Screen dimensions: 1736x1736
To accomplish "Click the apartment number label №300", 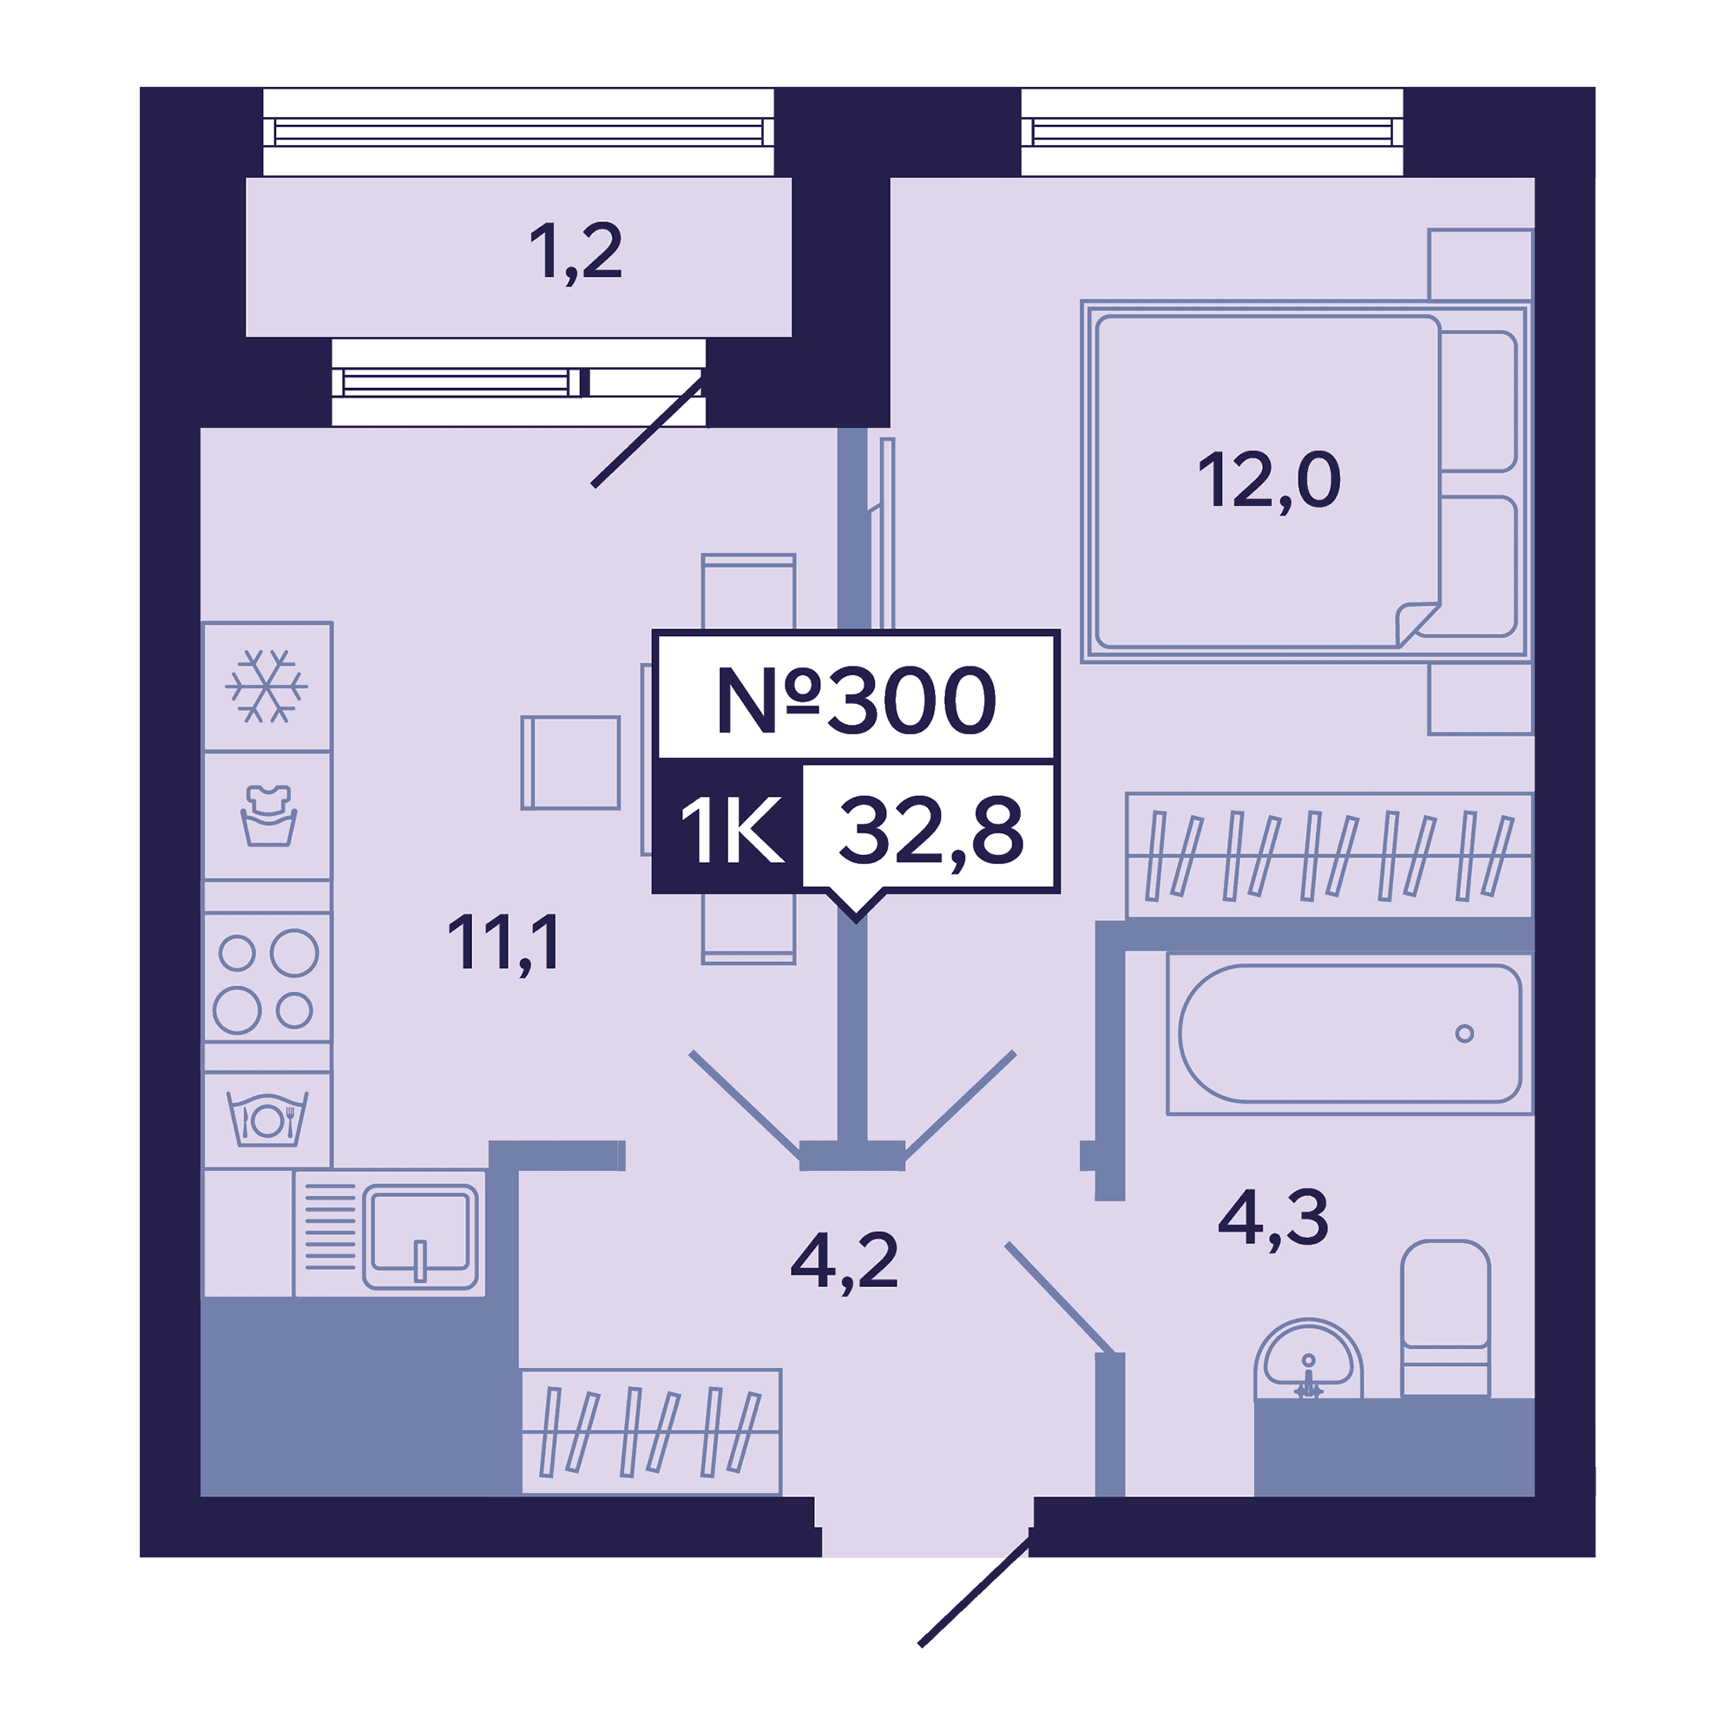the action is (x=856, y=700).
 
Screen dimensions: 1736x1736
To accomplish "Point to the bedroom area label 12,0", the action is (x=1269, y=481).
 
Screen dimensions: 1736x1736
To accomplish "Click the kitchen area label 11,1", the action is (x=504, y=943).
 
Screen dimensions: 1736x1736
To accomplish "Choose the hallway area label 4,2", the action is (x=844, y=1261).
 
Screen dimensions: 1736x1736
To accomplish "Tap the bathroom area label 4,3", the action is (x=1272, y=1219).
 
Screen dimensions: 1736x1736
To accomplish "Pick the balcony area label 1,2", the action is (x=575, y=253).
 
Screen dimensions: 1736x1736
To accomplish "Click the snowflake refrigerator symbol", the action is (x=266, y=687).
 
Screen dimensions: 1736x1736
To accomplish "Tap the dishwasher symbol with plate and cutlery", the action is (x=266, y=1119).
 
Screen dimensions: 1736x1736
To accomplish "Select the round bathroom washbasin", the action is (x=1308, y=1358).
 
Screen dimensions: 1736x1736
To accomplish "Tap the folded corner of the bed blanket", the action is (x=1417, y=623).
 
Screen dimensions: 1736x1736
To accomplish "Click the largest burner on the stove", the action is (x=295, y=952).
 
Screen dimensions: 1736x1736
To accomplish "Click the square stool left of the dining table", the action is (x=570, y=763).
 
